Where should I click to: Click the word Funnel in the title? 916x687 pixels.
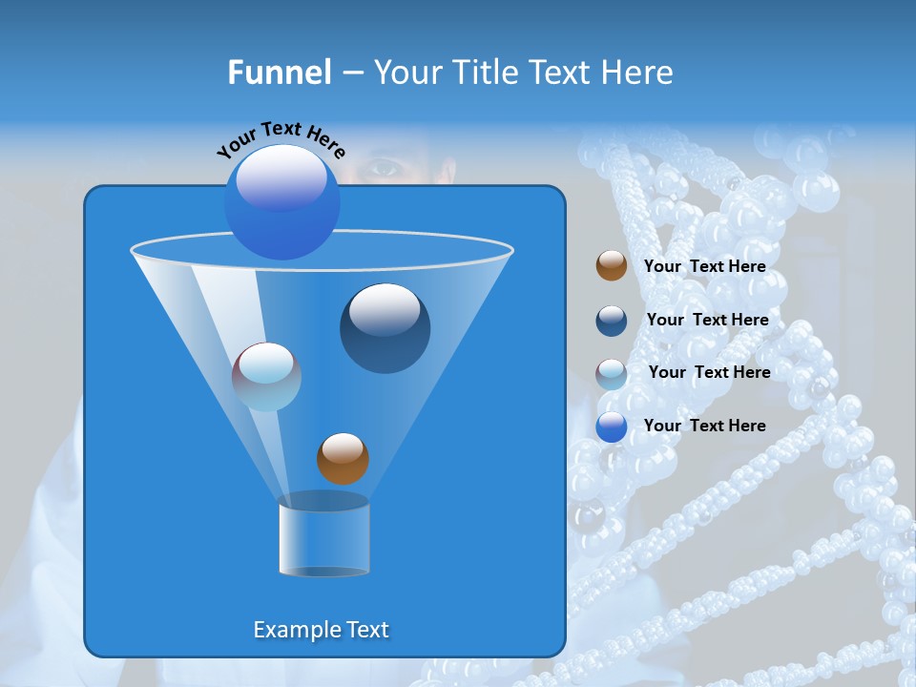[x=280, y=73]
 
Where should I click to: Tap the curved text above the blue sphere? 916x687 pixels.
[x=281, y=138]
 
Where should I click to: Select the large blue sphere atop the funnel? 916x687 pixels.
[x=281, y=203]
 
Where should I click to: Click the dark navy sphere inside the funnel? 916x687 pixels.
[x=385, y=328]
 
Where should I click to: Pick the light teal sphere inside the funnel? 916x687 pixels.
[x=266, y=377]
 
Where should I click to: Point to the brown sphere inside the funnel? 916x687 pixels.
[x=343, y=459]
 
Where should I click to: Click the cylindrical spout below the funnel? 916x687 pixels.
[x=323, y=537]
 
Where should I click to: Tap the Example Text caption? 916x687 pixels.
[x=321, y=630]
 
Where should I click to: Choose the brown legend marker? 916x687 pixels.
[x=611, y=266]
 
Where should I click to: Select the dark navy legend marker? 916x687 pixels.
[x=611, y=321]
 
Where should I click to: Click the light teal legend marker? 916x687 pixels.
[x=611, y=374]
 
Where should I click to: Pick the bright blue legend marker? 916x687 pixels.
[x=611, y=427]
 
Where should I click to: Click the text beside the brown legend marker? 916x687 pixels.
[x=704, y=266]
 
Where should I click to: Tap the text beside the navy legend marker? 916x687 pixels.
[x=707, y=320]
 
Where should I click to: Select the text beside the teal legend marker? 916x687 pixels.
[x=709, y=372]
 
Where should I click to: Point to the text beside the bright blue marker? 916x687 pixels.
[x=704, y=426]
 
